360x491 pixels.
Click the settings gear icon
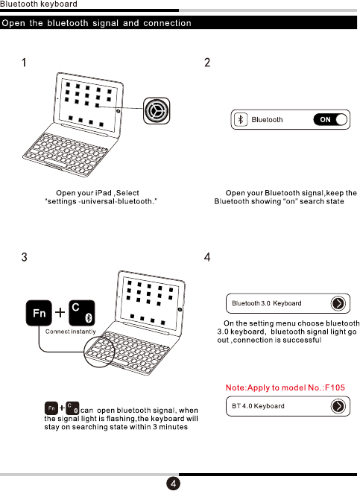click(x=157, y=110)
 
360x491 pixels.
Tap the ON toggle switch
click(x=330, y=119)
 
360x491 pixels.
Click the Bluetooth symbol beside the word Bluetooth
click(x=241, y=119)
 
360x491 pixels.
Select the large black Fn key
click(x=39, y=313)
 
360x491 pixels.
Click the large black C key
click(x=81, y=313)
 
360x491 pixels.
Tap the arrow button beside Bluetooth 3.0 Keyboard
click(x=338, y=303)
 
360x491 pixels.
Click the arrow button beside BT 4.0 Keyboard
click(x=338, y=406)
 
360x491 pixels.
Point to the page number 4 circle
click(x=173, y=483)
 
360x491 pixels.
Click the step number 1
click(x=24, y=63)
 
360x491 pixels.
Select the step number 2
click(x=207, y=63)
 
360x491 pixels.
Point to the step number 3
click(x=24, y=257)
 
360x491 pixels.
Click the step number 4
click(x=207, y=257)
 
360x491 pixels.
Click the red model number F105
click(x=335, y=387)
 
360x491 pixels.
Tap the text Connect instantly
click(x=71, y=332)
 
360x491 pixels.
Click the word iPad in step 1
click(x=103, y=193)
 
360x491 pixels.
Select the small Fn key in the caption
click(x=51, y=408)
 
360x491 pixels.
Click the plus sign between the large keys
click(x=60, y=312)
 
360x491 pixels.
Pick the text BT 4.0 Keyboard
click(x=258, y=406)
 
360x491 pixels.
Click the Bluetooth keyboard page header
click(x=39, y=4)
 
